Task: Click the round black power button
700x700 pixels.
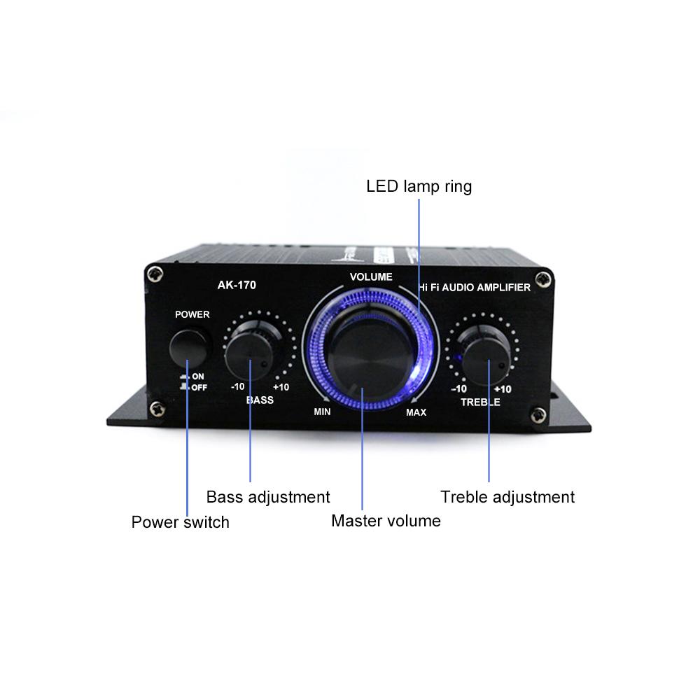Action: pos(191,346)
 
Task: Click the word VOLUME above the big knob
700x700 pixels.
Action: pos(371,276)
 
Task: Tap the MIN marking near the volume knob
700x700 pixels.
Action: pos(322,412)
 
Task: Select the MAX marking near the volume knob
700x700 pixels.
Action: pos(416,412)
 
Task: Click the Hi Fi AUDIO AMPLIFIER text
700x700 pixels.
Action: pos(474,287)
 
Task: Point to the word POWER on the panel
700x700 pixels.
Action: pos(192,314)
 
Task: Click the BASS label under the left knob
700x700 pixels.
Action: pos(260,401)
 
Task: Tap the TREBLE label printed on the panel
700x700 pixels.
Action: pos(480,402)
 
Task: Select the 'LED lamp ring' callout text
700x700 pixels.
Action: pos(419,186)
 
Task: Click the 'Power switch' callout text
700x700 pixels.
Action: pos(181,522)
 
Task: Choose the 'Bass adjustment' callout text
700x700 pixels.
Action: pos(268,497)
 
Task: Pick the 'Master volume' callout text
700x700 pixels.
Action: pos(386,521)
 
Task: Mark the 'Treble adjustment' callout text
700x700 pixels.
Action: pos(507,497)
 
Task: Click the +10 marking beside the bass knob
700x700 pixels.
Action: pos(281,388)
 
